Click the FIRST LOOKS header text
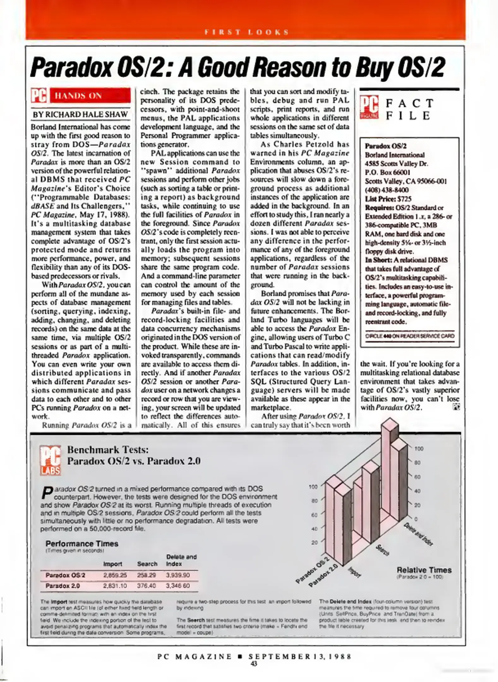coord(247,32)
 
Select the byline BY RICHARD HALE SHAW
coord(80,114)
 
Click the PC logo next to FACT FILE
coord(369,108)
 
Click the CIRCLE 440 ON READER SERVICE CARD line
coord(410,336)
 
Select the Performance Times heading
coord(82,544)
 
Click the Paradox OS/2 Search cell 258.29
coord(147,575)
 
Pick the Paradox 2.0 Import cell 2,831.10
coord(115,586)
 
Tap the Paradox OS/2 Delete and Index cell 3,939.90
coord(178,575)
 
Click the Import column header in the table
coord(113,564)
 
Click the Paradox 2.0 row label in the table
coord(63,586)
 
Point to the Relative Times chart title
coord(424,570)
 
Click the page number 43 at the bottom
coord(254,664)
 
